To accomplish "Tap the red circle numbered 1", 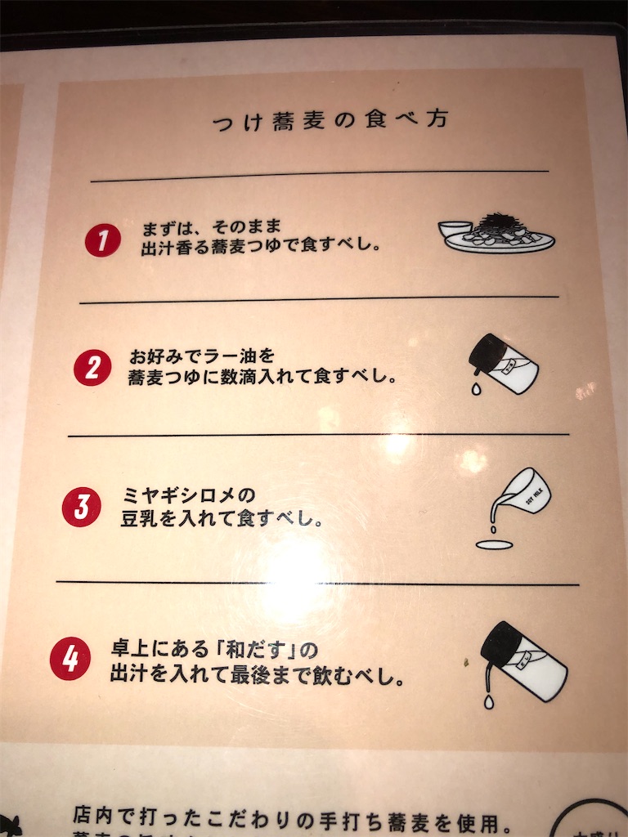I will (103, 240).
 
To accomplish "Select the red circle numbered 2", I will (92, 368).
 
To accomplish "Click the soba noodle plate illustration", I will (496, 232).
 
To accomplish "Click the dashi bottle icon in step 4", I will (523, 662).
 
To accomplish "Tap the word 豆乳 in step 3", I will (140, 519).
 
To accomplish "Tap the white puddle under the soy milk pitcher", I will (494, 544).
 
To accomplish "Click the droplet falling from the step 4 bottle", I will (488, 701).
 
